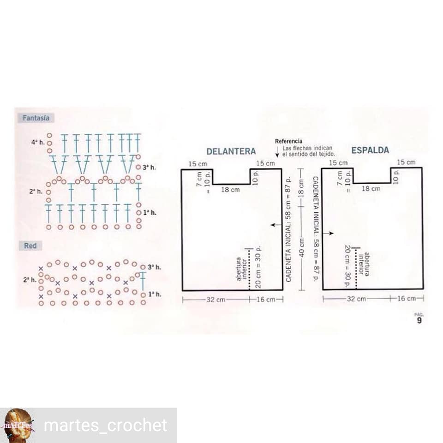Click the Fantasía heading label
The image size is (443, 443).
pos(36,118)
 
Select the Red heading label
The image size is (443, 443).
pos(30,246)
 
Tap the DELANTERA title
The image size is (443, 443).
pos(231,151)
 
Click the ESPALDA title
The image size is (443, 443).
pos(370,150)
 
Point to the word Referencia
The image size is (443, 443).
pos(288,141)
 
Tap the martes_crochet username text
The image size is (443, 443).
pos(105,425)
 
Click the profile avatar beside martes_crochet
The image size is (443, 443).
pos(18,425)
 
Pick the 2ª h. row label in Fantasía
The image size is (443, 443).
pos(36,191)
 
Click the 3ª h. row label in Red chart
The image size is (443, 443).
pos(155,267)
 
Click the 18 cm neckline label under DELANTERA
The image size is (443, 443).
pos(229,190)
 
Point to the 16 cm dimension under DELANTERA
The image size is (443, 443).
pos(265,299)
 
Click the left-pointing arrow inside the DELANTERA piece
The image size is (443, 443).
pos(276,225)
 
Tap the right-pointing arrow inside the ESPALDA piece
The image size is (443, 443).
pos(328,233)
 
